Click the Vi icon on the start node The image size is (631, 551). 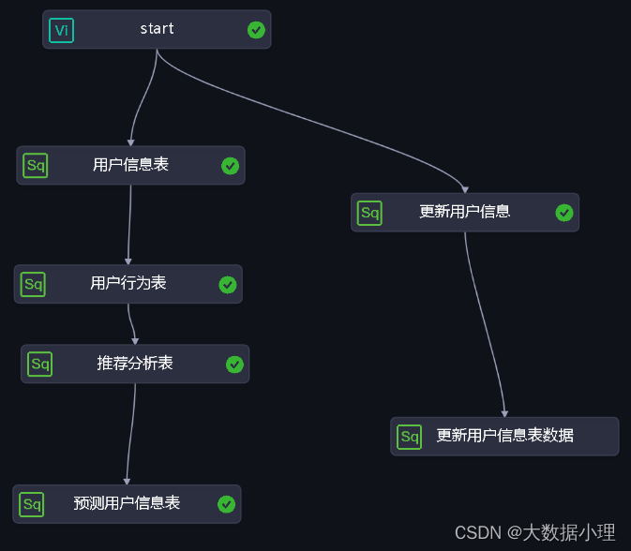tap(61, 30)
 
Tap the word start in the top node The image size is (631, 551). tap(157, 29)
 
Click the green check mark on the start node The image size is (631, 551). tap(256, 30)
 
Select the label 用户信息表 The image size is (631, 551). tap(130, 165)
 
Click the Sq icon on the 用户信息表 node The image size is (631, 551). tap(36, 166)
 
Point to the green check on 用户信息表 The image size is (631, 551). tap(230, 166)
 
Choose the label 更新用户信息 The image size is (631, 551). tap(464, 212)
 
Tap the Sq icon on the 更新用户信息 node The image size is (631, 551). tap(370, 213)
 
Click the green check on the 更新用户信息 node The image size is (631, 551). tap(563, 213)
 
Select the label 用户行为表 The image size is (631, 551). tap(128, 283)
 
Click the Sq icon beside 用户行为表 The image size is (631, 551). tap(33, 284)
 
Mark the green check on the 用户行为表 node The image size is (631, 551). tap(227, 285)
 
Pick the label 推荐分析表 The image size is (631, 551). tap(135, 363)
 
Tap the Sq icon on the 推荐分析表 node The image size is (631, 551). tap(39, 364)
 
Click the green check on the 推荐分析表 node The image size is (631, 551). tap(234, 365)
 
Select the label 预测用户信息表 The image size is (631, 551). tap(127, 503)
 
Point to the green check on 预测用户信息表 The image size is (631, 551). tap(226, 504)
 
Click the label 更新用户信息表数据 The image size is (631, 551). tap(504, 436)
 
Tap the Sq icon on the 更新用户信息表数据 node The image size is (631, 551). tap(409, 437)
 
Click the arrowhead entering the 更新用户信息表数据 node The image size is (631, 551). tap(504, 413)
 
